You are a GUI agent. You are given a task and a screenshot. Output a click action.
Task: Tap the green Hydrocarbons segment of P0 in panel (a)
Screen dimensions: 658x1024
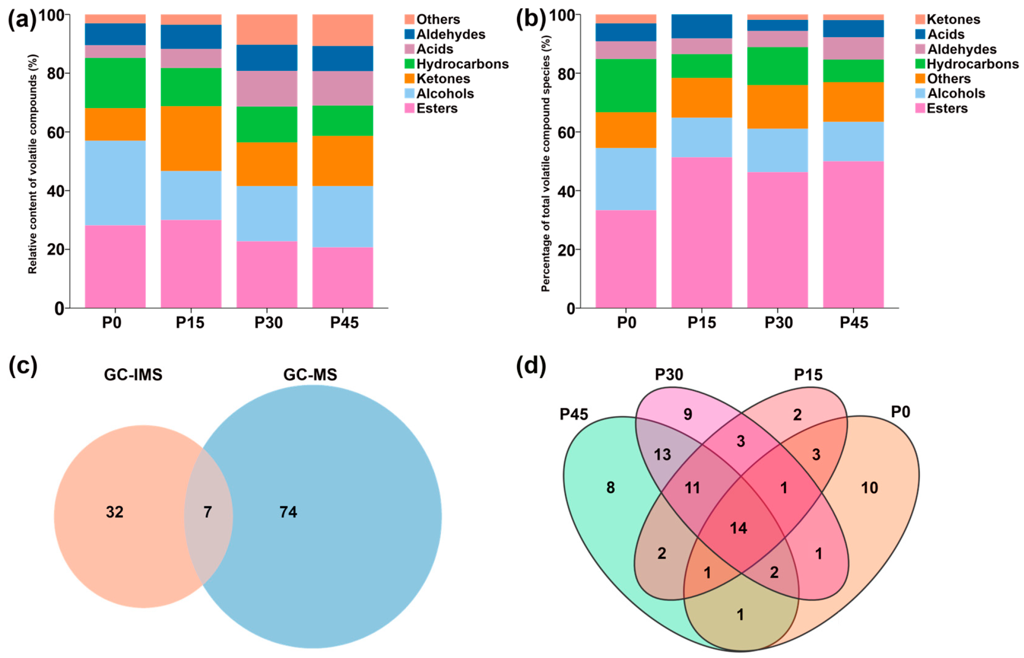click(x=115, y=83)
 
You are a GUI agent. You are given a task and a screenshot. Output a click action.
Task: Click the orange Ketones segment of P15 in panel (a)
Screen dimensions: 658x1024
click(x=191, y=138)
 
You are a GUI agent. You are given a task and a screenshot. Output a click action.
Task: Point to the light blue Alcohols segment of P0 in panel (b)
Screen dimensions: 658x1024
click(x=625, y=179)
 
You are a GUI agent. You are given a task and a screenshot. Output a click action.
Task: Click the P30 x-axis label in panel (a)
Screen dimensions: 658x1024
click(x=268, y=323)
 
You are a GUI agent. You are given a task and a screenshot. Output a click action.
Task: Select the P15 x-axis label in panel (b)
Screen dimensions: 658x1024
click(x=702, y=323)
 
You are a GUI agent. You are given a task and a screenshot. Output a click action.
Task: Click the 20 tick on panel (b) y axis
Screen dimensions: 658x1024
click(x=566, y=250)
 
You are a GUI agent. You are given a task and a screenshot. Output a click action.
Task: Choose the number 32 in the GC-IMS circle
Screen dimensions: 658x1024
click(x=115, y=512)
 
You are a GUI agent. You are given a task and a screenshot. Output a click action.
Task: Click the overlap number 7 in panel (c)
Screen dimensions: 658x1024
click(x=207, y=512)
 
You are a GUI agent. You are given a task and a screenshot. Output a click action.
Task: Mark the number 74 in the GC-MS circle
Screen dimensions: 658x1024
click(x=288, y=512)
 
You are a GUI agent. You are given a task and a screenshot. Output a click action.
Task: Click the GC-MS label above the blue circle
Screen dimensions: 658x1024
click(x=310, y=375)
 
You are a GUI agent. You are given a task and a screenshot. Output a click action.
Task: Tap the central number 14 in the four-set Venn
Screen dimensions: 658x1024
click(x=738, y=528)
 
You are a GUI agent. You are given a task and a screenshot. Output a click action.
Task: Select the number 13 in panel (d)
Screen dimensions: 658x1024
click(x=662, y=455)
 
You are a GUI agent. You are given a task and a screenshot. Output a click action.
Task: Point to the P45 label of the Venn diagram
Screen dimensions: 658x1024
click(x=574, y=414)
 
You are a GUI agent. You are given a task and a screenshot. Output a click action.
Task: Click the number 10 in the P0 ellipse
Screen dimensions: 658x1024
click(x=869, y=488)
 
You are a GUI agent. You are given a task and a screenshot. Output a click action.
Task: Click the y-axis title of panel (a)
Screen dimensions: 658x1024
click(x=32, y=164)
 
